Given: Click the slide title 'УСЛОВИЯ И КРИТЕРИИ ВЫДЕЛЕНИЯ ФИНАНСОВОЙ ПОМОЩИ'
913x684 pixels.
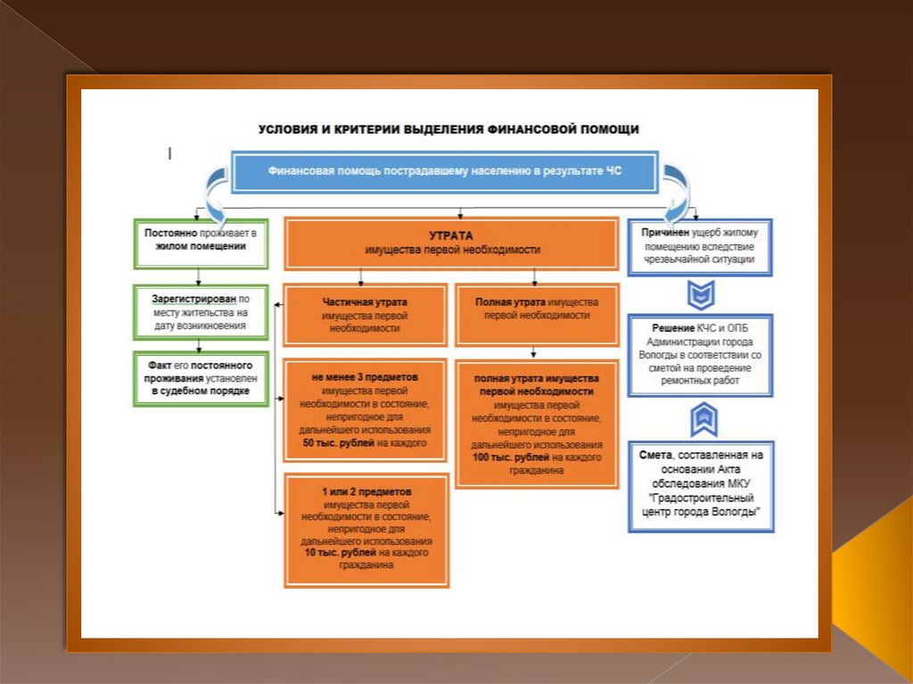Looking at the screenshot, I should coord(448,129).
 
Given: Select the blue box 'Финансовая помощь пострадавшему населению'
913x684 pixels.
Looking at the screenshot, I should coord(444,171).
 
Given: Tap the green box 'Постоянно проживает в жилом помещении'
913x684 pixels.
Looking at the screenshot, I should coord(201,243).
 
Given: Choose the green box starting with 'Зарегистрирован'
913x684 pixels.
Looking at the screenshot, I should coord(201,312).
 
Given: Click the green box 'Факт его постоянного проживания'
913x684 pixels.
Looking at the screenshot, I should coord(201,378).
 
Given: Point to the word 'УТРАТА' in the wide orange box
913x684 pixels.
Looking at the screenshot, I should coord(451,236).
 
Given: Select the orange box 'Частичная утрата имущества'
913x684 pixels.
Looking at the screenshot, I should coord(366,314).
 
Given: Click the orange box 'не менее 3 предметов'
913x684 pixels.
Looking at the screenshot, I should coord(366,410).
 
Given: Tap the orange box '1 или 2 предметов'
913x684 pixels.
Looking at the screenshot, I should coord(366,530).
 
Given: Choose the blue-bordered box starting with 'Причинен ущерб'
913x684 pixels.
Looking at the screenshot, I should coord(699,246).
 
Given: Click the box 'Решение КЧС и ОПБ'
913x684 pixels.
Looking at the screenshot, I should coord(699,354).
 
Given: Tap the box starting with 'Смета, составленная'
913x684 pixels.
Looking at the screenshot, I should coord(701,486).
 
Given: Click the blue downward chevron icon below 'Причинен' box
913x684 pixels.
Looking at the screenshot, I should coord(701,293).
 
